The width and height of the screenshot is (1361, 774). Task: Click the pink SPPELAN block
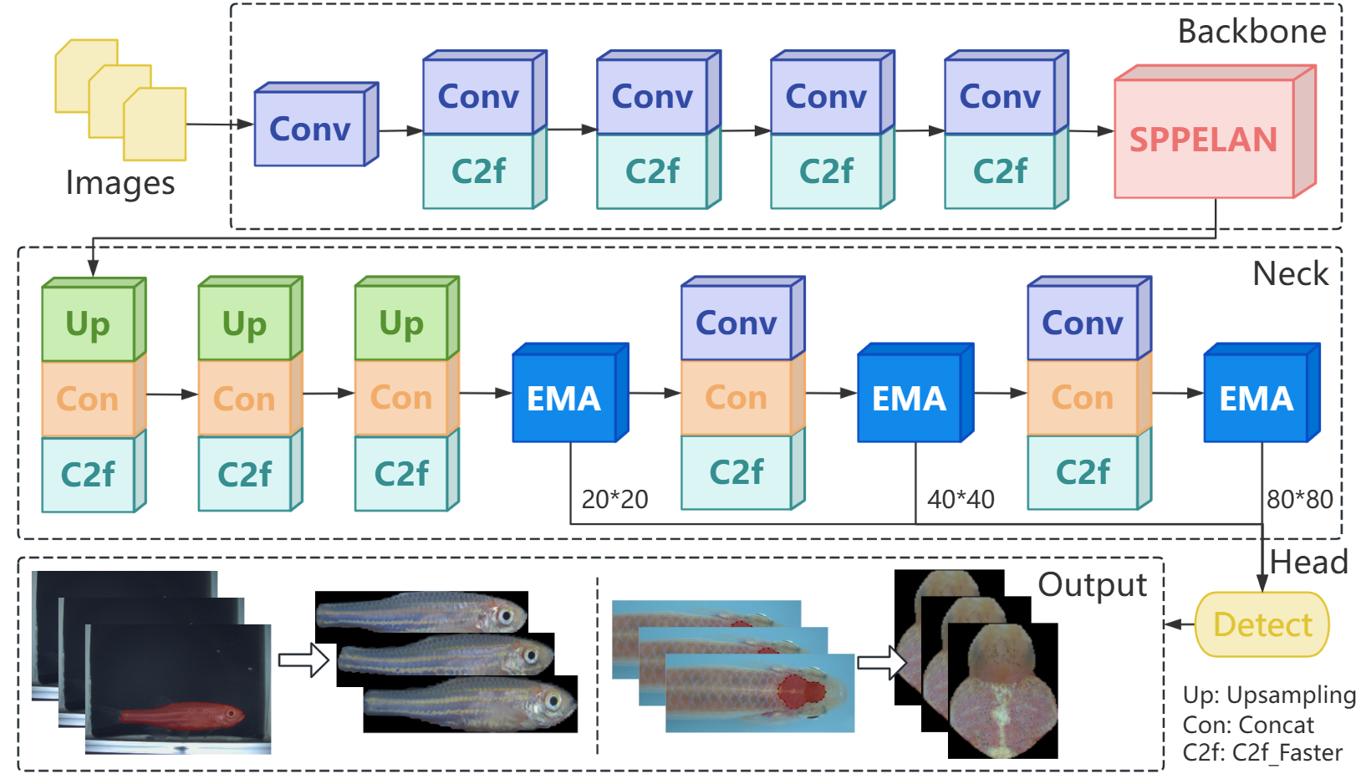(x=1204, y=139)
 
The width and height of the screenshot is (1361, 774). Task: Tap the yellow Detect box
(x=1262, y=624)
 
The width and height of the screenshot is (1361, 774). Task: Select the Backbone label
(x=1251, y=32)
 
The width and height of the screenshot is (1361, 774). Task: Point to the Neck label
(x=1290, y=274)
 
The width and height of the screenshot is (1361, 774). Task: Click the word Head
(x=1308, y=562)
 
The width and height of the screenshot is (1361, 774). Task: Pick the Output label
(x=1092, y=584)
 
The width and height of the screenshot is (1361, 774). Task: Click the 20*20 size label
(x=614, y=499)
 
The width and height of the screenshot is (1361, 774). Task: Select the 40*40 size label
(x=961, y=499)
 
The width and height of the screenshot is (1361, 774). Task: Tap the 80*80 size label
(x=1300, y=499)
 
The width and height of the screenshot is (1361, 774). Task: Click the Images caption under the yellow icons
(x=120, y=183)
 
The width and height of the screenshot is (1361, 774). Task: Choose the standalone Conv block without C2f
(x=310, y=130)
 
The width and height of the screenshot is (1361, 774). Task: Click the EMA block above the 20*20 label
(x=564, y=398)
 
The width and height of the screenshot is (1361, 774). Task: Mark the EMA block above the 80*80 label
(x=1256, y=398)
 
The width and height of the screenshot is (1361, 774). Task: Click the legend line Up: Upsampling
(x=1269, y=695)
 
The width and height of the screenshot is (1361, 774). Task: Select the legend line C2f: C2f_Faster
(x=1262, y=753)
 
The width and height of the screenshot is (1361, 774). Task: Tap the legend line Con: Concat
(x=1248, y=725)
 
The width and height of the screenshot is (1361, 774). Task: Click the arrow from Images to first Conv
(x=219, y=125)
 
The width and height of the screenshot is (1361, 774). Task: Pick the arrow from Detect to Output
(x=1180, y=624)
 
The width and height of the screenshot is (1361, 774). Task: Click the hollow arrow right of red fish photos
(x=303, y=659)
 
